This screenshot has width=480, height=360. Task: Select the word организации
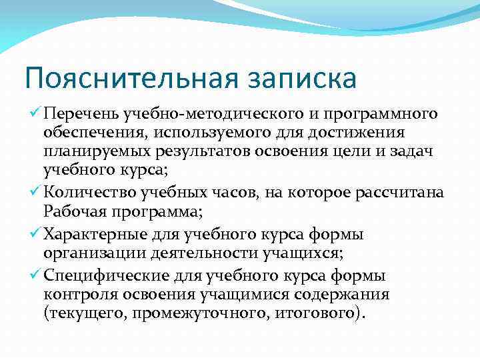coord(91,253)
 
